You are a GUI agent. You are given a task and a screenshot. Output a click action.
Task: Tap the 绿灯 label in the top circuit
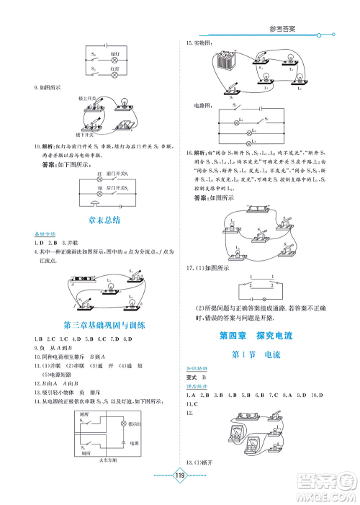pos(114,54)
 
